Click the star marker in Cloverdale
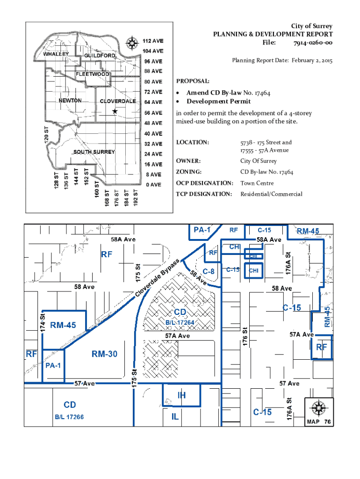115,111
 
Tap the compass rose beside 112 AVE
132,43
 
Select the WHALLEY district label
56,54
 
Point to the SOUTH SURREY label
94,152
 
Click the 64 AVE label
153,102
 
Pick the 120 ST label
47,135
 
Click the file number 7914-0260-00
313,43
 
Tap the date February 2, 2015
312,60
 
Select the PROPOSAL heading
193,81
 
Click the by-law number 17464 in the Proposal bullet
262,93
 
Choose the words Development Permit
219,102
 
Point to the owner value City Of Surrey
259,161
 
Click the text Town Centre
257,183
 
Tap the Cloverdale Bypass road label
157,278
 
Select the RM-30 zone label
104,354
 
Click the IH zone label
181,395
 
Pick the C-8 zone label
209,271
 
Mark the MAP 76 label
319,422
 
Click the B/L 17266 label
69,417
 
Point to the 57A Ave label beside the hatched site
177,336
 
